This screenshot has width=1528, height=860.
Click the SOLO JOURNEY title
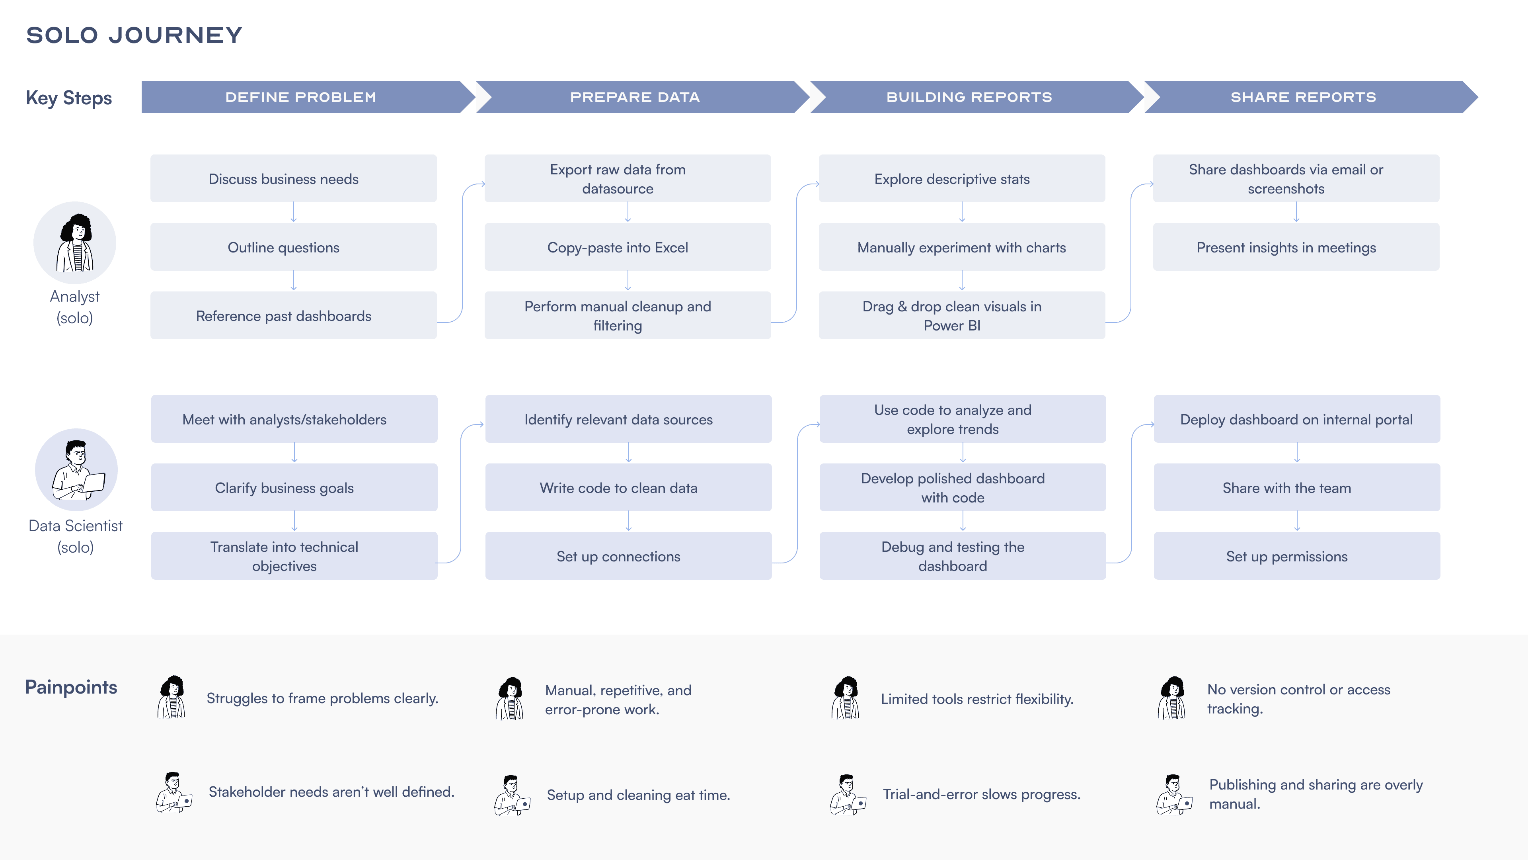(134, 35)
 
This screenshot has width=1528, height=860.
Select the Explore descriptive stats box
(962, 179)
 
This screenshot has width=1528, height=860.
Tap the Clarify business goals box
(294, 487)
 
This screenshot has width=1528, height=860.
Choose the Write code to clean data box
(628, 487)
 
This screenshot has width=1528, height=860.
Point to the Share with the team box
(1297, 487)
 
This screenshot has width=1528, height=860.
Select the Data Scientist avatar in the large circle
(76, 469)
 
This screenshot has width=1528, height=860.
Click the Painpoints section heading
(71, 687)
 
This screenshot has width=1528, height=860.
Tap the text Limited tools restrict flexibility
(977, 699)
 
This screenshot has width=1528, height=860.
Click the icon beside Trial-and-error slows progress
(848, 795)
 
